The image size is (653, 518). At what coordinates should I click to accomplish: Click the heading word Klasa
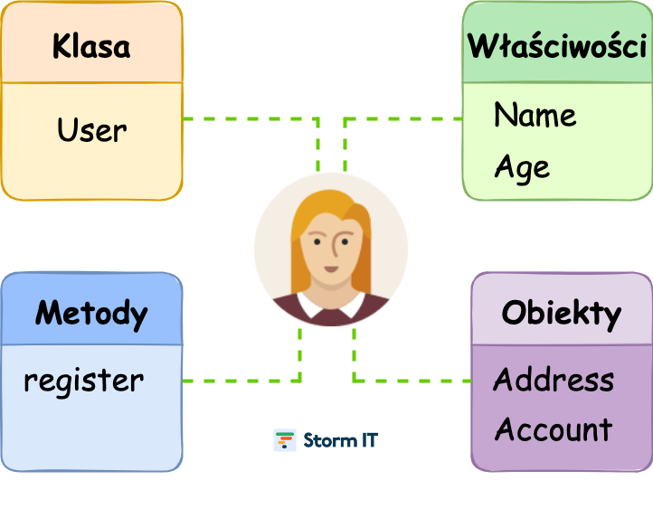click(x=90, y=46)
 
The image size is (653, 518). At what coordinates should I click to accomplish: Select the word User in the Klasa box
click(x=91, y=131)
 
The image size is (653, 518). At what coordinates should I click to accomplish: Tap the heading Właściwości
click(x=557, y=46)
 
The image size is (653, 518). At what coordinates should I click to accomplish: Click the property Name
click(x=535, y=116)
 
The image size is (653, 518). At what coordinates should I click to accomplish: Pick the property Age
click(x=522, y=167)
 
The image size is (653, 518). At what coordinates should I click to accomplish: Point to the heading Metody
click(x=91, y=314)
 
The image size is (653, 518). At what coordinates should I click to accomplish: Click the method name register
click(x=83, y=381)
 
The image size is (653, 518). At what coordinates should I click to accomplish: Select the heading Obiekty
click(x=561, y=314)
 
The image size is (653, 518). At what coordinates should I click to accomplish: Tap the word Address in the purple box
click(x=554, y=380)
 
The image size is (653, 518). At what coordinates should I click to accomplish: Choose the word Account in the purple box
click(x=554, y=429)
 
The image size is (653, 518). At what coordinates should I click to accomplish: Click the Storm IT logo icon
click(x=285, y=440)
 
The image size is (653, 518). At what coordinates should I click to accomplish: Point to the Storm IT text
click(x=341, y=440)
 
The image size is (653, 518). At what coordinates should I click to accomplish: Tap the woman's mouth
click(x=330, y=268)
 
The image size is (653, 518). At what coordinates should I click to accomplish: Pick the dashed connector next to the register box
click(x=240, y=381)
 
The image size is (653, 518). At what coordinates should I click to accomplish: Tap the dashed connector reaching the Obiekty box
click(x=412, y=381)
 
